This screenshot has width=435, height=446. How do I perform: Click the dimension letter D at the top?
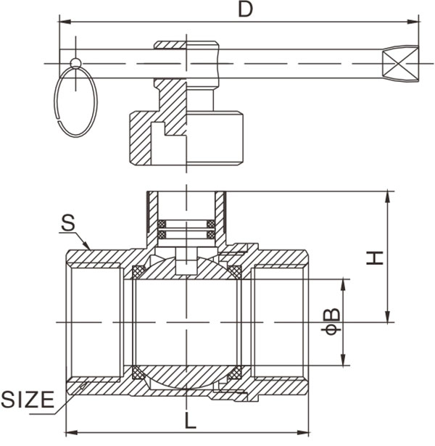[245, 9]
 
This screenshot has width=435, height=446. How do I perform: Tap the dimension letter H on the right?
[374, 258]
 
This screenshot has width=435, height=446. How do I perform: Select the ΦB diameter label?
[331, 321]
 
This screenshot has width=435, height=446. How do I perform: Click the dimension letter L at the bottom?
[190, 421]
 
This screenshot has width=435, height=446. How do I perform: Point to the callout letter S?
[68, 223]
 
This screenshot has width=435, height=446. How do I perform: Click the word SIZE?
[28, 400]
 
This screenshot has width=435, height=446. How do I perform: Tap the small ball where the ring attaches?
[75, 63]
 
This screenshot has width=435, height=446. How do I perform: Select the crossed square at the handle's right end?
[400, 63]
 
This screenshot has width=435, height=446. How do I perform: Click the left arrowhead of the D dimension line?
[65, 22]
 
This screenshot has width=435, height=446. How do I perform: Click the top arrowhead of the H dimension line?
[387, 197]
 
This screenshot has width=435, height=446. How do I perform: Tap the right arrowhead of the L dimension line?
[303, 433]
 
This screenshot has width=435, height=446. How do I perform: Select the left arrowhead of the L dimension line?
[72, 433]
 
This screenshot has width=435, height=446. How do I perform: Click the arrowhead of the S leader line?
[87, 245]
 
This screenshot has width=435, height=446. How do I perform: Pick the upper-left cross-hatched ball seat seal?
[139, 273]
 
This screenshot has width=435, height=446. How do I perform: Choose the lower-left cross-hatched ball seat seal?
[139, 372]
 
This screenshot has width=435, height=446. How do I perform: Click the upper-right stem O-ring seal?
[211, 224]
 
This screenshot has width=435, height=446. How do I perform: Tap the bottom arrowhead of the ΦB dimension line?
[343, 360]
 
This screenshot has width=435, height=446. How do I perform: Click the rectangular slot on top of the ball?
[186, 262]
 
